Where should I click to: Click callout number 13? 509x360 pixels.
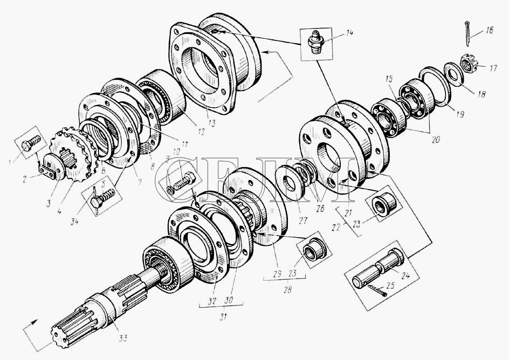(x=210, y=123)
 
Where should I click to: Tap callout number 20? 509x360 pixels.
(x=435, y=139)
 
